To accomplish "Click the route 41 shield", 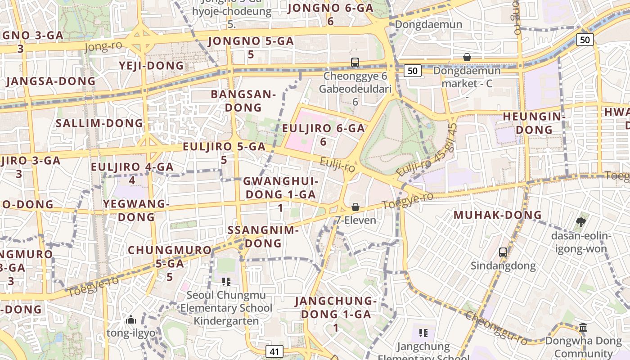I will pos(274,351).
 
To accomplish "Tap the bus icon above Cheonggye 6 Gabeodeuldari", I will pos(355,63).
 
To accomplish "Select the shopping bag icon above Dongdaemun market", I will pos(467,58).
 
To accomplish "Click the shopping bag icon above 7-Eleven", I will pos(355,207).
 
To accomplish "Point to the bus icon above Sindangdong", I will pos(503,252).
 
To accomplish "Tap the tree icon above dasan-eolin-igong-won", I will pos(580,222).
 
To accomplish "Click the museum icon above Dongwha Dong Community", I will pos(583,327).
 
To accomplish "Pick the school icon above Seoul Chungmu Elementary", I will pos(226,282).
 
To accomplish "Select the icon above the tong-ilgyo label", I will pos(131,320).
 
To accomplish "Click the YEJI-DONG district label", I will pos(152,66).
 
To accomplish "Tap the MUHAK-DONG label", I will pos(491,215).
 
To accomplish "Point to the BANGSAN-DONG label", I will pos(243,101).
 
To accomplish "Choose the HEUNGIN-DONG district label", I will pos(534,123).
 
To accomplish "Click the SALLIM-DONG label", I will pos(99,123).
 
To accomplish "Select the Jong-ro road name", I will pos(103,46).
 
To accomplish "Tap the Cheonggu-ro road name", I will pos(496,328).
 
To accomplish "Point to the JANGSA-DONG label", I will pos(51,81).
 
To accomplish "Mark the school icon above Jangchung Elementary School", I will pos(423,333).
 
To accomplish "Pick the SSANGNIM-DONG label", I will pos(263,237).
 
